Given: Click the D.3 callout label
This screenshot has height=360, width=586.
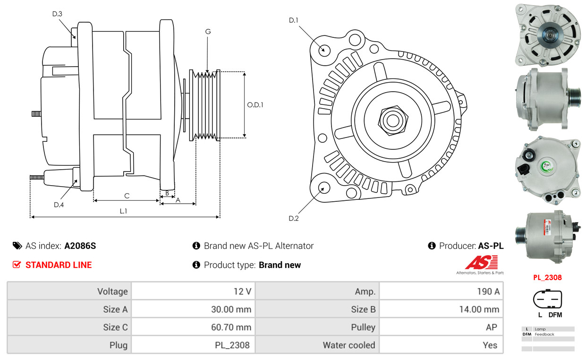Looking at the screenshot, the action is [57, 14].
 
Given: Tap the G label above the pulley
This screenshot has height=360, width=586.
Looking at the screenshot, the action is [208, 32].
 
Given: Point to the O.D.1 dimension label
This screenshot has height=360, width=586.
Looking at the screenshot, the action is [255, 105].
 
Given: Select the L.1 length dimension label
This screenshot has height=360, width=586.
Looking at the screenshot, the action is [123, 211].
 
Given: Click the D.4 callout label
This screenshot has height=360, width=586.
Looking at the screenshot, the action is [59, 205].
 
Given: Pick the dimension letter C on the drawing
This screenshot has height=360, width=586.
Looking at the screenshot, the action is [127, 196].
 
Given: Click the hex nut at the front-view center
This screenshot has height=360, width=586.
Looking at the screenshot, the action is [393, 120].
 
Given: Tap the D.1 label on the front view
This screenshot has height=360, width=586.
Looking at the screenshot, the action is [294, 20].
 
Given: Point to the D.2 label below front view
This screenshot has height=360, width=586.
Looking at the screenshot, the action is [294, 218].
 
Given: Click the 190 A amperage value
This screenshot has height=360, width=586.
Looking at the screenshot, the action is [488, 291].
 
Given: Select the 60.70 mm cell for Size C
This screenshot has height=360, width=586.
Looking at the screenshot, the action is [231, 327].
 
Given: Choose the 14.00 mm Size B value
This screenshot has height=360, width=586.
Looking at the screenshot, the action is [479, 309].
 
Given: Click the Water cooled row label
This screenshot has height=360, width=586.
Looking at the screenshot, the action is [349, 345].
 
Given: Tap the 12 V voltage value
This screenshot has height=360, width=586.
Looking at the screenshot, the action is [242, 291].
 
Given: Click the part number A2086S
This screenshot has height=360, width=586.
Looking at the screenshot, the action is [80, 246].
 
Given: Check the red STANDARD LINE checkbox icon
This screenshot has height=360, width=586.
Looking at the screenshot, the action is [17, 265].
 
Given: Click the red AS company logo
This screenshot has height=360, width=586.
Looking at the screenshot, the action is [481, 262].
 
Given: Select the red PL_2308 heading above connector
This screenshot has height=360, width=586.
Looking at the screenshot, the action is [547, 277].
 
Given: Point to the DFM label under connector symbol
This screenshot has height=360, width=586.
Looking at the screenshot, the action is [555, 315].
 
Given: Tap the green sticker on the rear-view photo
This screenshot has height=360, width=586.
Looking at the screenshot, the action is [546, 166].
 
